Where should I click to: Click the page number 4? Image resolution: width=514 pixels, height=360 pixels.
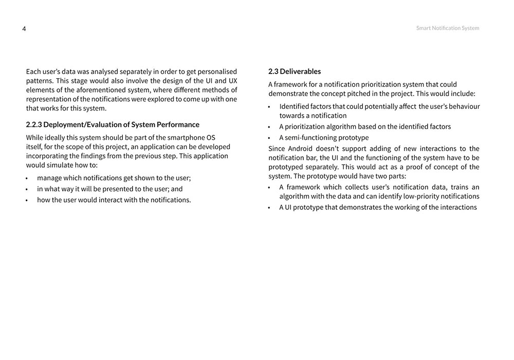click(24, 29)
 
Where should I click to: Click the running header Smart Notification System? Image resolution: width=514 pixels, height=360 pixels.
click(447, 28)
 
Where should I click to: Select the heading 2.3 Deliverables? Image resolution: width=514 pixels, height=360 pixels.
click(295, 71)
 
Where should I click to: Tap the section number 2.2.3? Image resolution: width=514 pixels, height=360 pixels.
click(34, 125)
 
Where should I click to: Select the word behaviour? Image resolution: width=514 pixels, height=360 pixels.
click(461, 106)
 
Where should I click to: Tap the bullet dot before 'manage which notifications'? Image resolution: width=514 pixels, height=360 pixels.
click(27, 178)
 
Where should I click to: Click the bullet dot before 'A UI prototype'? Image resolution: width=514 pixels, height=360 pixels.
click(269, 208)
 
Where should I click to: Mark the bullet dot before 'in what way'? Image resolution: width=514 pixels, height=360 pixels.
click(27, 189)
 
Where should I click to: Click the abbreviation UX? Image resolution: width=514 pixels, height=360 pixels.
click(232, 81)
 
